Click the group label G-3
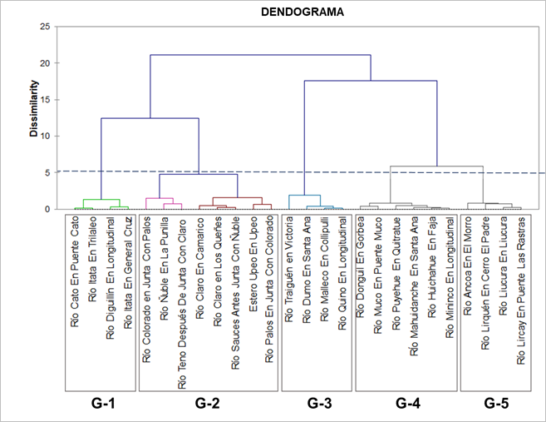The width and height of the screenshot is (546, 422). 319,404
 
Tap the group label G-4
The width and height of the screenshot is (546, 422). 407,404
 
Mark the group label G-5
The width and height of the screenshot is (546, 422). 496,404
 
